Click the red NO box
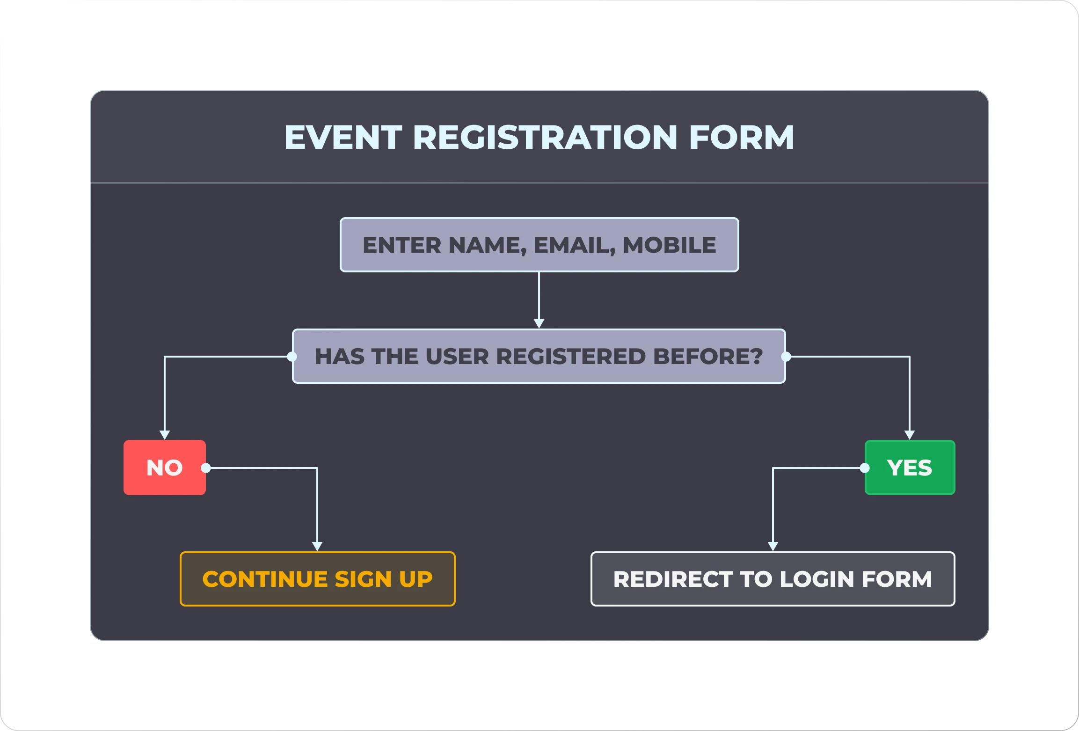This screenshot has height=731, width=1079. [164, 467]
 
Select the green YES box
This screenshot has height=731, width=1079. [910, 467]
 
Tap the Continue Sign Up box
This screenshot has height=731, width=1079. [317, 579]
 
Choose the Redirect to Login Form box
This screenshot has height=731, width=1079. [773, 579]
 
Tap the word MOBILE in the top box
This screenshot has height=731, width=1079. [669, 245]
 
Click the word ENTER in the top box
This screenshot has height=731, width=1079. [402, 245]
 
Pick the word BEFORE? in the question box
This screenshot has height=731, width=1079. [708, 356]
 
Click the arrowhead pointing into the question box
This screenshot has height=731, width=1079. [539, 323]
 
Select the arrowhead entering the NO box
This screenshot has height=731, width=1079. [165, 435]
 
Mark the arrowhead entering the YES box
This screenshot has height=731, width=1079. [910, 435]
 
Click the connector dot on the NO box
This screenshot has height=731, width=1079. [206, 468]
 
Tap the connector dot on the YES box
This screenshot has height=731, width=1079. [865, 468]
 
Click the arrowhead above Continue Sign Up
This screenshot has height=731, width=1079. [317, 546]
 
